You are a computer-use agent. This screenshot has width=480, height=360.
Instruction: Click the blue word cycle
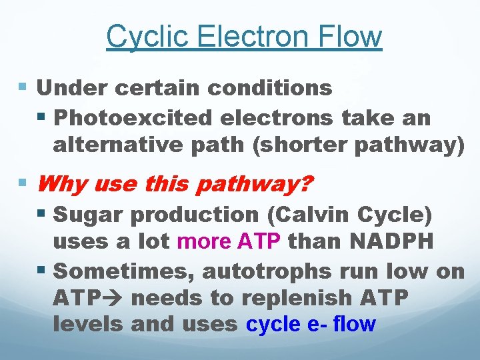pyautogui.click(x=272, y=325)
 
